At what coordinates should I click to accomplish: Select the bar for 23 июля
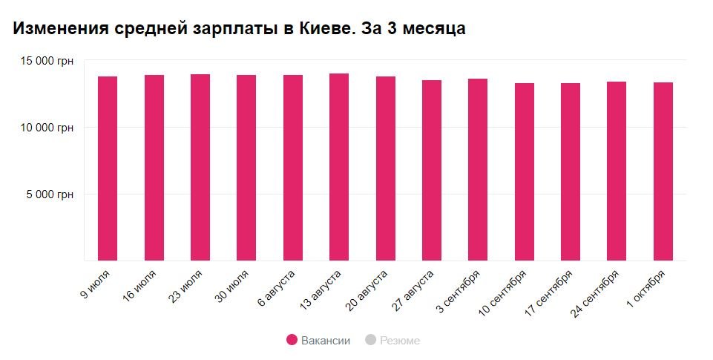pos(200,168)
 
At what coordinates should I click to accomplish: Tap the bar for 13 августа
pos(339,167)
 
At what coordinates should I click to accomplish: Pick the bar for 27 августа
pos(432,171)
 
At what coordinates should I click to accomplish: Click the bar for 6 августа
pos(293,168)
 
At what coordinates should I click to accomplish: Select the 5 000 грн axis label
pos(50,194)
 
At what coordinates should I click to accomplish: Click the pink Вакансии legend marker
pos(292,340)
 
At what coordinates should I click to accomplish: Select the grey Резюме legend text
pos(400,341)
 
